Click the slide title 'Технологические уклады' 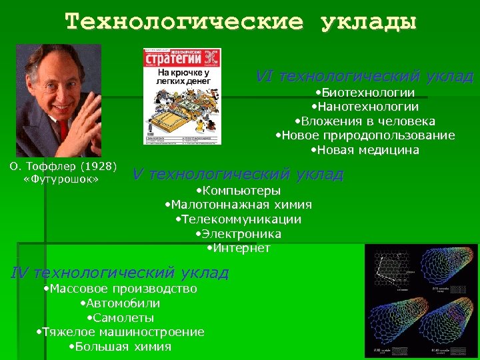click(241, 22)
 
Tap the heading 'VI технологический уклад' click(365, 76)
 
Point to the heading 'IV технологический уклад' click(120, 273)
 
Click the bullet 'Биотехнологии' click(365, 93)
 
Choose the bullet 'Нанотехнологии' click(365, 107)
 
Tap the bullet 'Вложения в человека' click(365, 121)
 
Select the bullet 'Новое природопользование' click(365, 135)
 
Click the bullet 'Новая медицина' click(365, 150)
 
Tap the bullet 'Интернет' click(238, 249)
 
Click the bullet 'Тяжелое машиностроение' click(119, 332)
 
